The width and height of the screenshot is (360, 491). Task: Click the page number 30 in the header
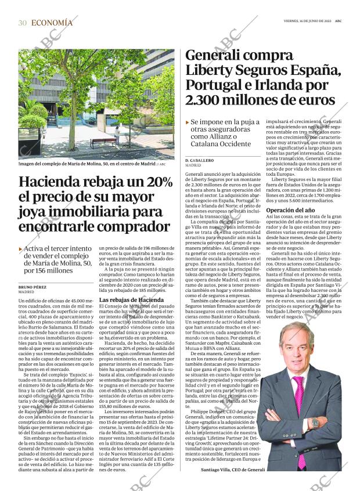tap(23, 23)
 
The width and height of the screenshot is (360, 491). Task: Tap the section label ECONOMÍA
tap(52, 23)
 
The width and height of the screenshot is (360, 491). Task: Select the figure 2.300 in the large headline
tap(208, 99)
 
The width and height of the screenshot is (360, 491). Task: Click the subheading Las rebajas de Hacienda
tap(127, 299)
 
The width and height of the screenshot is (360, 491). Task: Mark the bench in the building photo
tap(103, 141)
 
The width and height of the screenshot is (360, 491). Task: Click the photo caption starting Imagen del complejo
tap(87, 164)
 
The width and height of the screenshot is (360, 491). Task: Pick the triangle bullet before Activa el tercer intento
tap(21, 249)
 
